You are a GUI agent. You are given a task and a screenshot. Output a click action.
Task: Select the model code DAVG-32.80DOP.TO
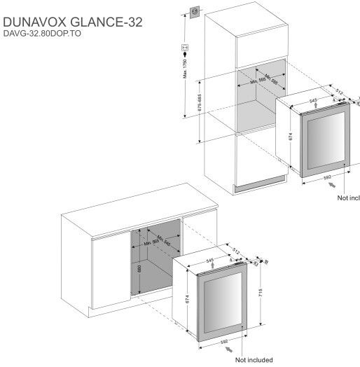pos(43,34)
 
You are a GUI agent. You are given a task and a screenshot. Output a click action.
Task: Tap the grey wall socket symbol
pos(193,11)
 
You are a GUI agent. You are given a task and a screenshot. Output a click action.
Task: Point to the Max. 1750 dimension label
pos(185,71)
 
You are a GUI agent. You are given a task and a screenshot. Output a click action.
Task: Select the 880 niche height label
pos(141,270)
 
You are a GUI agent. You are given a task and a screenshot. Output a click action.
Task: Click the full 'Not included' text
pos(254,361)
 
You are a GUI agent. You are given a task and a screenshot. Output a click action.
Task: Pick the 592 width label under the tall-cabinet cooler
pos(327,179)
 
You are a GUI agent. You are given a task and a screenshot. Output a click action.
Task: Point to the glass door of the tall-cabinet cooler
pos(326,140)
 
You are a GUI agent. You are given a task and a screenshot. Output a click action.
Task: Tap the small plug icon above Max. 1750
pos(185,48)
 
